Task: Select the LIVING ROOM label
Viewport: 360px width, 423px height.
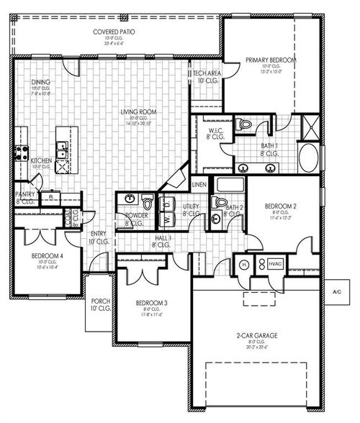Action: click(x=139, y=112)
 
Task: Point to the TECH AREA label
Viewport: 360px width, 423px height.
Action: click(x=205, y=73)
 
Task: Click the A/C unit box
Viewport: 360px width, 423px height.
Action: click(x=336, y=292)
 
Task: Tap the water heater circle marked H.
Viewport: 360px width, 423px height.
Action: click(x=245, y=265)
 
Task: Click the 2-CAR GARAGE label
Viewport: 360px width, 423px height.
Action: click(x=257, y=335)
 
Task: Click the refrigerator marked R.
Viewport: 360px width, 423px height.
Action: click(x=51, y=196)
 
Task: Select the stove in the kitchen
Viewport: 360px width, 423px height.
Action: click(x=20, y=153)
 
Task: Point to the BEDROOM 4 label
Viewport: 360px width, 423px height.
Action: click(x=46, y=255)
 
